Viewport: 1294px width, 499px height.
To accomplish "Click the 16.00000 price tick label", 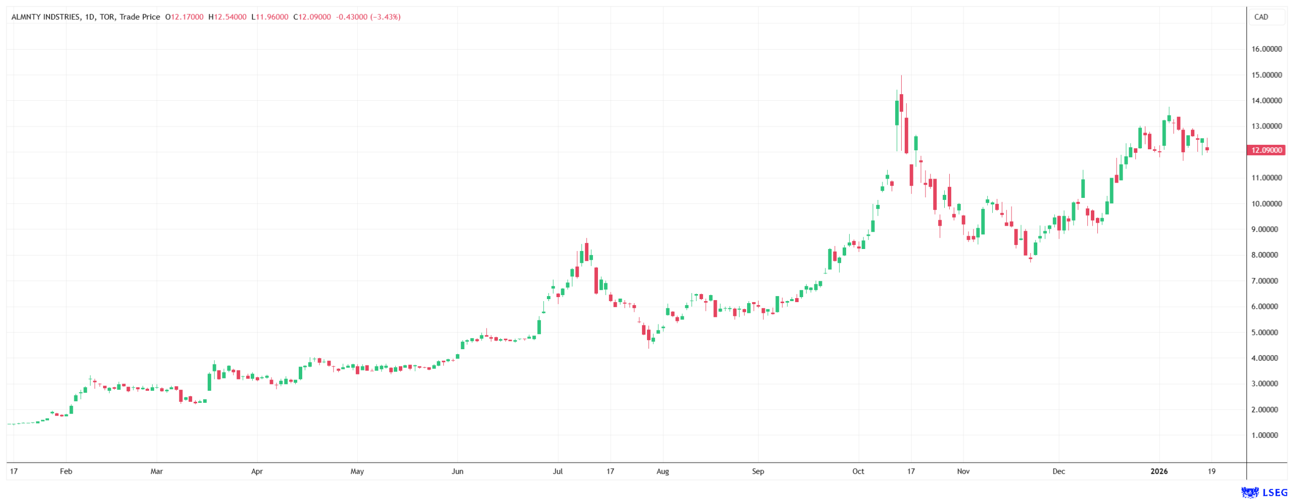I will [x=1266, y=49].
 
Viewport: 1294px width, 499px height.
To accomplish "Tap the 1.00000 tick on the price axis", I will [x=1266, y=435].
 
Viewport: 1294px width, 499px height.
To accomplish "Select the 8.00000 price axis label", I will [x=1266, y=255].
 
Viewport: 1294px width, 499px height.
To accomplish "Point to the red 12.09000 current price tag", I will [x=1266, y=150].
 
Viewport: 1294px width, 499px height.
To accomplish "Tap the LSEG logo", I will [x=1264, y=492].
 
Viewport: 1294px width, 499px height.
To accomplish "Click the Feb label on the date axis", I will [x=66, y=472].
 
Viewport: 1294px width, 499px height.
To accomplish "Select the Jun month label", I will [x=457, y=472].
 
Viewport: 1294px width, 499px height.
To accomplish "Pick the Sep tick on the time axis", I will [x=758, y=472].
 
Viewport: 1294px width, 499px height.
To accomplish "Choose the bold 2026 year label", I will [x=1159, y=472].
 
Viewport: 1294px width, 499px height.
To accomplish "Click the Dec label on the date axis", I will [x=1058, y=472].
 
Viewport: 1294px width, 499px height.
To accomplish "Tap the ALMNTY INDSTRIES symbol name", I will [x=45, y=17].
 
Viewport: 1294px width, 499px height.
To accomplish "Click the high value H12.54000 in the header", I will [x=227, y=17].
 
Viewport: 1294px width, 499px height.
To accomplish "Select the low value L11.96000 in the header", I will [x=270, y=17].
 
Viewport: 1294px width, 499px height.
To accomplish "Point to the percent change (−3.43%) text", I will [x=385, y=17].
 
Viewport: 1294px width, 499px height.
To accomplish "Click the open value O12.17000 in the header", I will [x=184, y=17].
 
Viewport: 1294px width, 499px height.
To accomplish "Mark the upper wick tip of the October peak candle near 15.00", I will [x=901, y=76].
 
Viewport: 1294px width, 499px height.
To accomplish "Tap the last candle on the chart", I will [x=1207, y=149].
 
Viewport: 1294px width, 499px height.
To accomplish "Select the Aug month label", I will [x=662, y=472].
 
